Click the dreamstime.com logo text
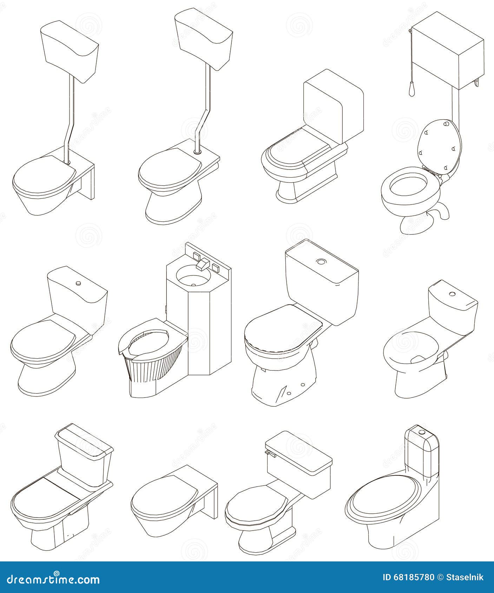click(50, 578)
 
